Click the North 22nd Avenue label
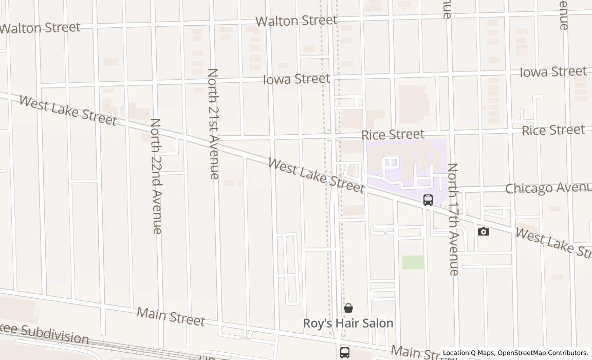click(x=156, y=176)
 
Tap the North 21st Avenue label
click(x=214, y=123)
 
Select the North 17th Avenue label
click(x=453, y=219)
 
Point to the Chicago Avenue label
click(x=548, y=188)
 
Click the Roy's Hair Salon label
click(x=348, y=323)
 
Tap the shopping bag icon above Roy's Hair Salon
click(x=348, y=308)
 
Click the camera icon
click(x=483, y=231)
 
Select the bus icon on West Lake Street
click(x=428, y=200)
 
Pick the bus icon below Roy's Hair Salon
click(x=345, y=353)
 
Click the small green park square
click(x=413, y=262)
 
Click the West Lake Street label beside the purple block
click(x=316, y=176)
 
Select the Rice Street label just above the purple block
click(x=393, y=135)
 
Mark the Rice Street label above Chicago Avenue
click(x=553, y=130)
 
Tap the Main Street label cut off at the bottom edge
click(x=416, y=353)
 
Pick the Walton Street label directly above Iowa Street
click(x=296, y=21)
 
